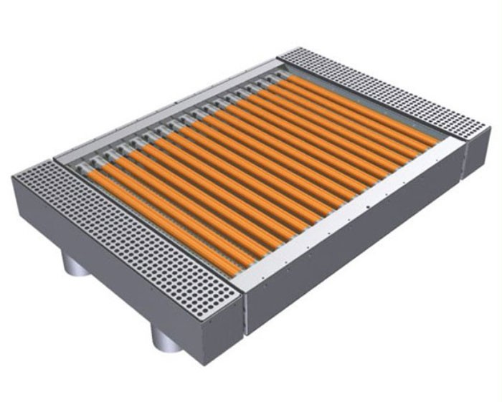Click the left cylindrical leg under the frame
click(x=75, y=266)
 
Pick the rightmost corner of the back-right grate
click(x=491, y=128)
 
